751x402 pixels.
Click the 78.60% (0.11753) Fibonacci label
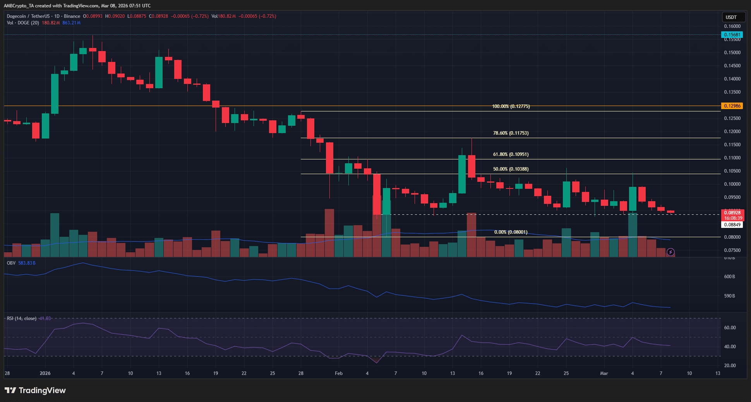[511, 133]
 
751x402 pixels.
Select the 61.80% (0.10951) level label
[511, 154]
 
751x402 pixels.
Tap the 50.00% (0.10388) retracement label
[511, 169]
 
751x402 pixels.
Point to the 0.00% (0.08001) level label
[511, 232]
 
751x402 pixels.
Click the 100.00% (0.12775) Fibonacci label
[511, 106]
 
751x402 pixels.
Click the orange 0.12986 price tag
[732, 106]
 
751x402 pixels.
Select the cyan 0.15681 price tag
[732, 35]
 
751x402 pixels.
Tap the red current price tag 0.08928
[732, 213]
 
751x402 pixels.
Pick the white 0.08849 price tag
[732, 225]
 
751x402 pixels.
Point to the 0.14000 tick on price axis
[732, 79]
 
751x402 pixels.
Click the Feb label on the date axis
[339, 373]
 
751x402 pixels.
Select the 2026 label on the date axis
[45, 373]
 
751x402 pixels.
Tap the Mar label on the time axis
[604, 373]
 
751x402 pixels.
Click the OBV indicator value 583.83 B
[27, 263]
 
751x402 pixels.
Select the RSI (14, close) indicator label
[22, 318]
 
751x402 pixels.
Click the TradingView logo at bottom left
[35, 390]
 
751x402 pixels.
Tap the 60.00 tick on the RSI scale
[730, 328]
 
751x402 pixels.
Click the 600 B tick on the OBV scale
[729, 277]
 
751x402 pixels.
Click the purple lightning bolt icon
[670, 252]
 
